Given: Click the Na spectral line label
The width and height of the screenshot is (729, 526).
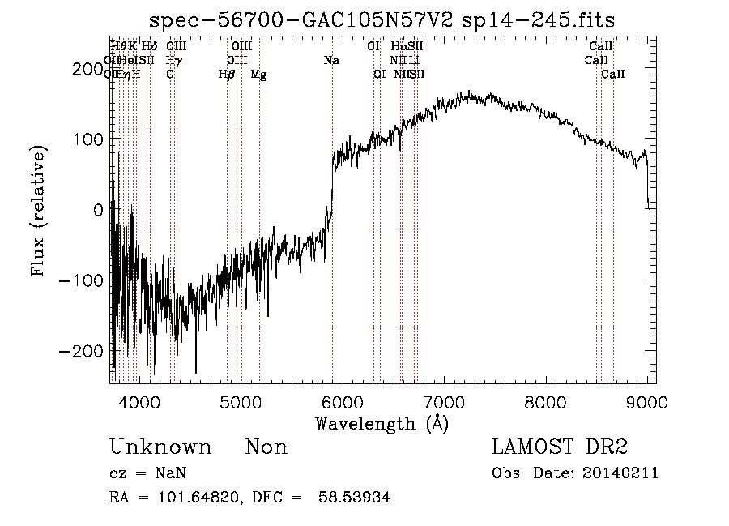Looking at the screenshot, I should point(331,60).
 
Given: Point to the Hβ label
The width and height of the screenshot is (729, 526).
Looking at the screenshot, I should point(227,74).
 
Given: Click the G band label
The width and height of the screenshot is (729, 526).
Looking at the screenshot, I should point(170,74).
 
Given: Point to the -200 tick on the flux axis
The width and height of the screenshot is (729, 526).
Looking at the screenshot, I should point(86,351).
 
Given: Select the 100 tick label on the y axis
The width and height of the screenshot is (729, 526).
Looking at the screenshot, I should point(92,139).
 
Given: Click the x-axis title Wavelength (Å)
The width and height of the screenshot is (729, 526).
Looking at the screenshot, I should point(382,423).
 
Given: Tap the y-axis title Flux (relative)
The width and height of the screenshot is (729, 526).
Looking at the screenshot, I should point(39,211).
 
